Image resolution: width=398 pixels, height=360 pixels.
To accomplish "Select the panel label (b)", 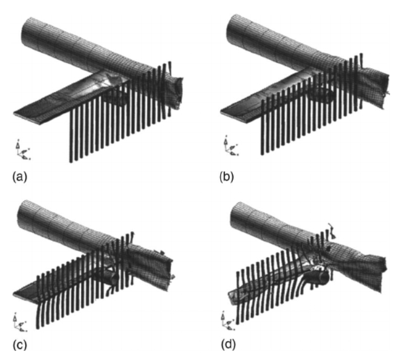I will tap(225, 178).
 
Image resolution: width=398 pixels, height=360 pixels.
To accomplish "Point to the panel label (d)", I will tap(225, 347).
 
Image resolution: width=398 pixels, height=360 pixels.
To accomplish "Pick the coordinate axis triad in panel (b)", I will tap(227, 149).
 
